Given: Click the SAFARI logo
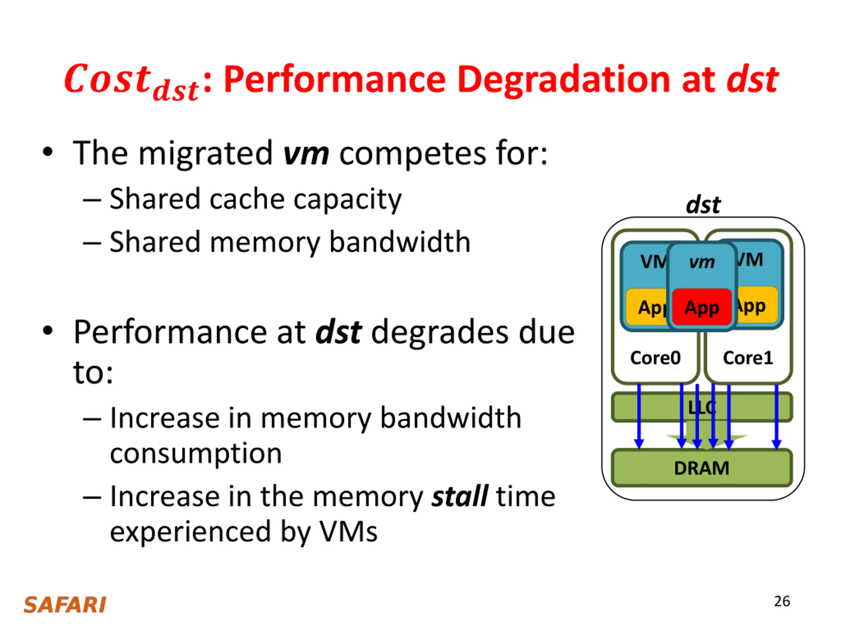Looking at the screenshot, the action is [x=65, y=605].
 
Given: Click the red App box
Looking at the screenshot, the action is [x=702, y=307].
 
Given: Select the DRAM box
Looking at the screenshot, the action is [x=702, y=468].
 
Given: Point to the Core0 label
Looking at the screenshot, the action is [x=655, y=358].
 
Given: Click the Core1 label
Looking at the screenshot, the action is [x=748, y=358].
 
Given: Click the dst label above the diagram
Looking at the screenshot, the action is [x=703, y=205].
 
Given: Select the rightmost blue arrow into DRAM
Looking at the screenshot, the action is [x=776, y=417].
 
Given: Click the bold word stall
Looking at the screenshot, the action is [x=460, y=496].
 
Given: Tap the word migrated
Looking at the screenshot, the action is [x=206, y=154].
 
